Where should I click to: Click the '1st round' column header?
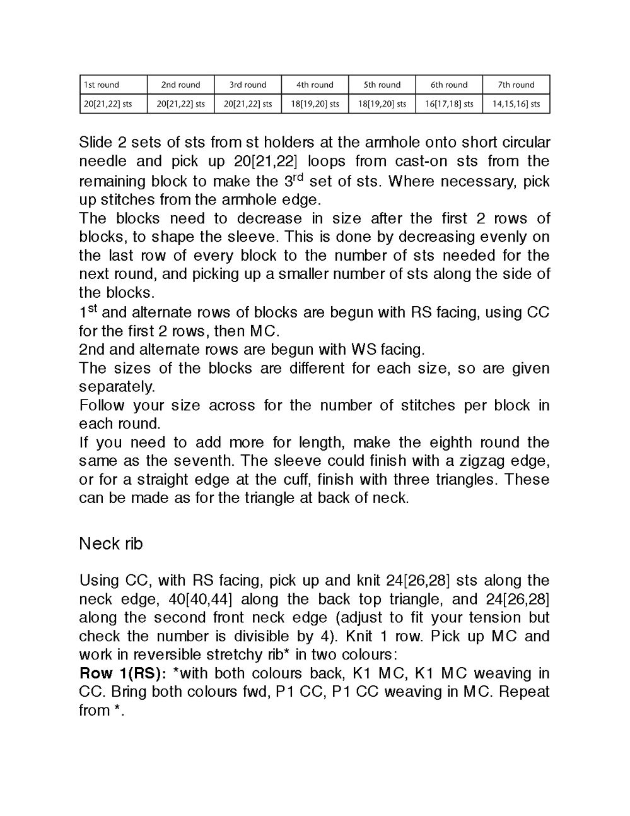pos(102,85)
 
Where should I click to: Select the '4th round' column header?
pos(315,85)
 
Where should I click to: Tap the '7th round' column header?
pos(516,85)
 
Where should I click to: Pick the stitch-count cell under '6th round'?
pos(449,103)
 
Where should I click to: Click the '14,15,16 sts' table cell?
pos(516,103)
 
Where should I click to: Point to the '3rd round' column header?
pos(248,85)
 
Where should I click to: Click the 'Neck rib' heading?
pos(111,543)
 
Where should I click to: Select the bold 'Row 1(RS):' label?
pos(123,673)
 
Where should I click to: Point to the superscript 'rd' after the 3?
pos(298,176)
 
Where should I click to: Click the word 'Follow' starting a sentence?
pos(102,405)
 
